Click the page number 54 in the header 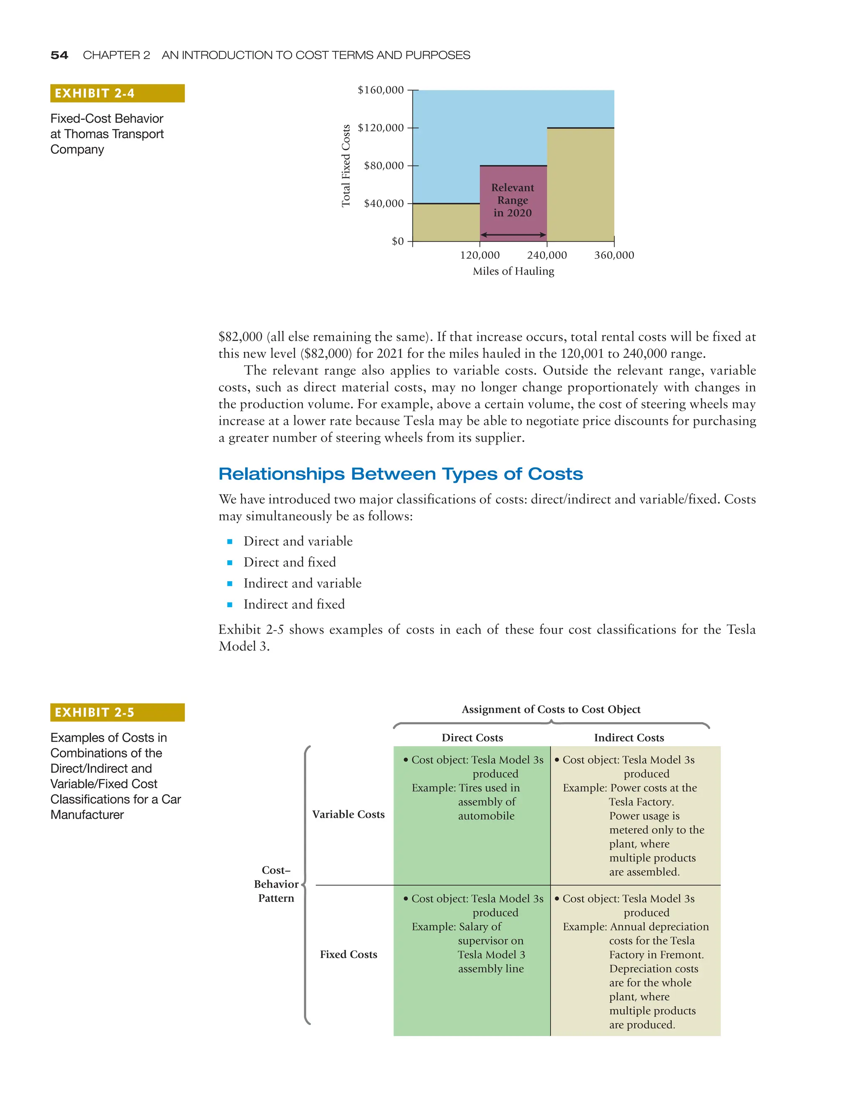[x=59, y=55]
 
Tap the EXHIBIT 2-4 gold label [x=117, y=93]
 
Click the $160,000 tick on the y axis [x=380, y=90]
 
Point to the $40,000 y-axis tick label [x=384, y=203]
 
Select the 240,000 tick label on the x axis [x=547, y=255]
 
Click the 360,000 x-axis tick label [x=614, y=255]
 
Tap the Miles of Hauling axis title [x=513, y=271]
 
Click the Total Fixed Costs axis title [x=346, y=166]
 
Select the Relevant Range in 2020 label [x=513, y=200]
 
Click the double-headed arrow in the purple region [x=513, y=234]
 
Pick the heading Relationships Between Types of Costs [x=400, y=474]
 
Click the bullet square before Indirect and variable [x=230, y=584]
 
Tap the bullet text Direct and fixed [x=290, y=562]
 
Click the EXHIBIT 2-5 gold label [x=117, y=712]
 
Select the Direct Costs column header [x=472, y=737]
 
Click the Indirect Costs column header [x=629, y=737]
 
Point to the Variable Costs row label [x=349, y=814]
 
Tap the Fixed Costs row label [x=349, y=954]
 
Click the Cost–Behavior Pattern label [x=276, y=884]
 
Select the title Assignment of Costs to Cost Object [x=551, y=709]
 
